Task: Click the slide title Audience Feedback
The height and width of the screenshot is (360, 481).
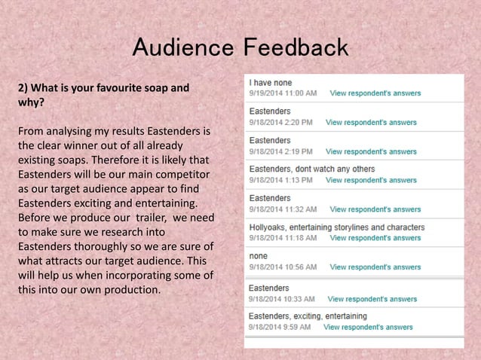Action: (240, 48)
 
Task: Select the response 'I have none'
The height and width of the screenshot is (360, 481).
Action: (270, 82)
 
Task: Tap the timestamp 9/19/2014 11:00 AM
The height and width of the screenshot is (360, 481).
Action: (283, 93)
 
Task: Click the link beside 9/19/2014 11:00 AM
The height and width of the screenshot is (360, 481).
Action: (375, 93)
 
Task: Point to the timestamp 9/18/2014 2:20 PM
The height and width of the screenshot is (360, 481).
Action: (280, 122)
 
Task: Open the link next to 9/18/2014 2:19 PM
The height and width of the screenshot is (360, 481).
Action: (370, 151)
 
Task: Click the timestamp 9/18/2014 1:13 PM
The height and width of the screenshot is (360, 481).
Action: (280, 181)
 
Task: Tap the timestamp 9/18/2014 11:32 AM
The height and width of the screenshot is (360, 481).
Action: (283, 209)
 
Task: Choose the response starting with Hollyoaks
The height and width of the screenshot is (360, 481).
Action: (336, 227)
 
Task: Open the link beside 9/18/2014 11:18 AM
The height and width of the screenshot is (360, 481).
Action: (375, 238)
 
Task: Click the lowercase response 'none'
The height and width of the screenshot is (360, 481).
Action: (258, 255)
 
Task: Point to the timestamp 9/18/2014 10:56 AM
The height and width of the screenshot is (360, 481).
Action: (283, 267)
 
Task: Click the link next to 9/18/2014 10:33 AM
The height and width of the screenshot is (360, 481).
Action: (372, 299)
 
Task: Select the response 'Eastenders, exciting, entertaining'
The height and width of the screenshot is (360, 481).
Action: (308, 316)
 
